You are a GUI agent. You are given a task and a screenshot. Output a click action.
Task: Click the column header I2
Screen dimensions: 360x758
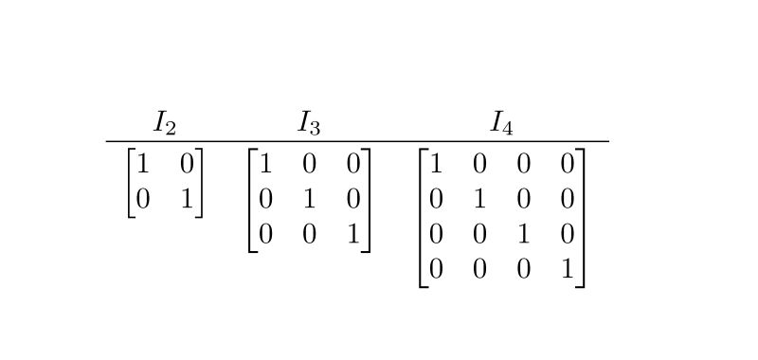tap(165, 122)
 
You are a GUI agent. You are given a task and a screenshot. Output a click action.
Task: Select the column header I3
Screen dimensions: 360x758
tap(309, 122)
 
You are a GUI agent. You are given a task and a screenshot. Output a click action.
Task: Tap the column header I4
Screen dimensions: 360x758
tap(501, 122)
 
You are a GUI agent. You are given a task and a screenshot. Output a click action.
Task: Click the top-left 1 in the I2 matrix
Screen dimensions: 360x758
tap(143, 164)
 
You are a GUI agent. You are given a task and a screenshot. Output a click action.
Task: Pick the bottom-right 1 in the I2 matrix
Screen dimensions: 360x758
tap(187, 199)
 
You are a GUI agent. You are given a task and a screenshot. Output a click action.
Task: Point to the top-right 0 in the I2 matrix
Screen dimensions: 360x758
tap(187, 164)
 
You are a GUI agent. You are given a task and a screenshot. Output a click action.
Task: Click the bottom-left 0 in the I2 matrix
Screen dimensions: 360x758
tap(143, 199)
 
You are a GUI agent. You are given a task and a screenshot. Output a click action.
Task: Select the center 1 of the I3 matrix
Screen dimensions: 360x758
tap(309, 199)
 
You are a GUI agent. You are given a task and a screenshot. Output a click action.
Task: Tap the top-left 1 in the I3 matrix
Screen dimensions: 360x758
tap(265, 164)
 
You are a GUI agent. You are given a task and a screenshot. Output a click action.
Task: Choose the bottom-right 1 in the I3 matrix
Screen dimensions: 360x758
tap(352, 234)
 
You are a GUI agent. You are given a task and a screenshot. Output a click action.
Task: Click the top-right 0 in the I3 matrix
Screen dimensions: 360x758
tap(352, 164)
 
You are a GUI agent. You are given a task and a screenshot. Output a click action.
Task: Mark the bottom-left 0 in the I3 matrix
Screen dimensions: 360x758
tap(265, 234)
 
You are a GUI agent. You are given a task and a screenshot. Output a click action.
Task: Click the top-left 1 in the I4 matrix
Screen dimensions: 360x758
tap(436, 164)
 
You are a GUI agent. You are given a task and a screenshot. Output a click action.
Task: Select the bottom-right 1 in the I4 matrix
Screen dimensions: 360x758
tap(567, 269)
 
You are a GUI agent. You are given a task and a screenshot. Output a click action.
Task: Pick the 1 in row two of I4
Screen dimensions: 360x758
tap(479, 199)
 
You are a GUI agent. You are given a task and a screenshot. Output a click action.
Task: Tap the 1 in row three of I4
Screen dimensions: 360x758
tap(523, 234)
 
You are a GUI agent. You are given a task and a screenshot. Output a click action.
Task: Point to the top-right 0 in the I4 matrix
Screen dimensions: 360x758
tap(567, 164)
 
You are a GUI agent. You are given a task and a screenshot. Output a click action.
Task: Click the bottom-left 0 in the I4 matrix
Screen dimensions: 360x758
tap(436, 269)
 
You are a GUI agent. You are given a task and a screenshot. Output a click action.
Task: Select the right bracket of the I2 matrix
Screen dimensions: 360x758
tap(199, 182)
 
